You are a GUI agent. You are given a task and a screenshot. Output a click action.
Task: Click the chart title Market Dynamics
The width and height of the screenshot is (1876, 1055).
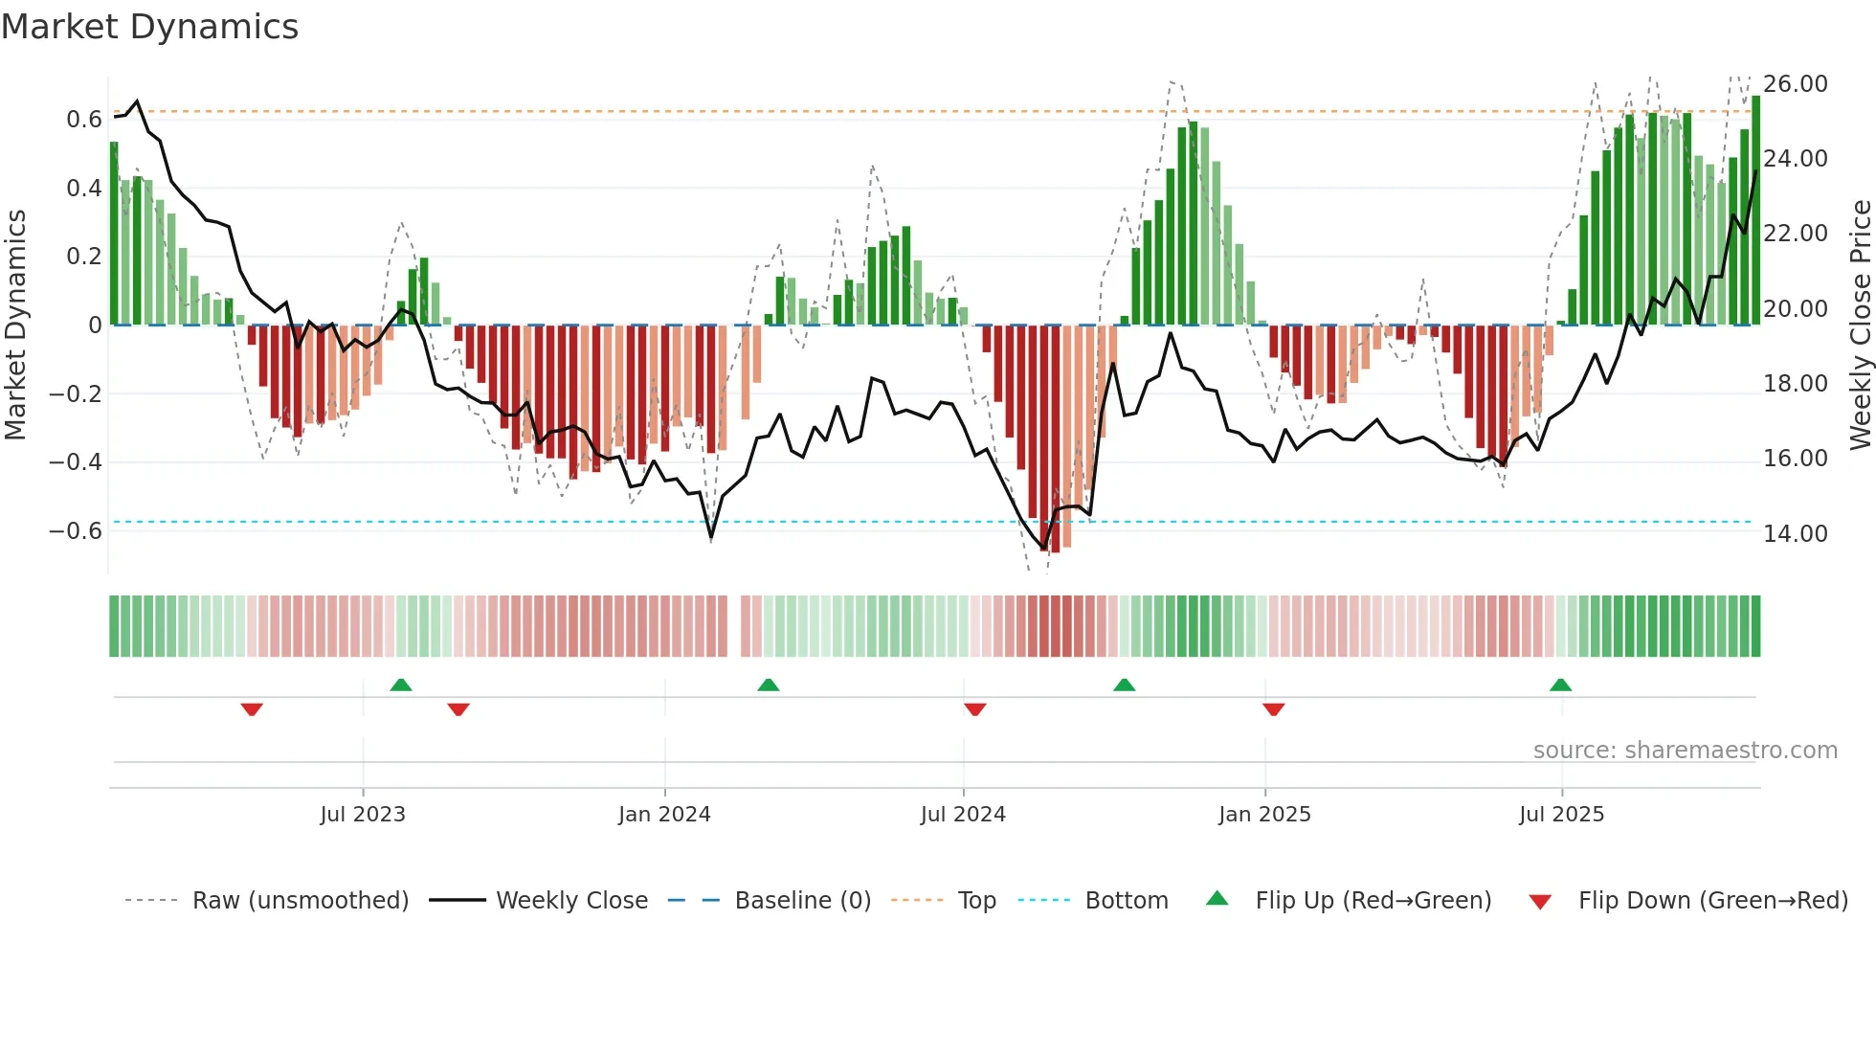(149, 27)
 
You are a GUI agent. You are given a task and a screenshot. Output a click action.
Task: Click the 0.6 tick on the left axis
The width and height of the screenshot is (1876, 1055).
(83, 120)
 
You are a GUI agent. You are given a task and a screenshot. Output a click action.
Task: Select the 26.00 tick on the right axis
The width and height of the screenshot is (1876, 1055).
(1796, 84)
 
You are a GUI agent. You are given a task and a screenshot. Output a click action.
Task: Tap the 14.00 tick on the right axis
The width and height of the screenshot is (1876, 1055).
(1796, 534)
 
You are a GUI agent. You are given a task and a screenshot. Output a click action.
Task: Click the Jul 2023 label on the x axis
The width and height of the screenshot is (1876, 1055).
(363, 815)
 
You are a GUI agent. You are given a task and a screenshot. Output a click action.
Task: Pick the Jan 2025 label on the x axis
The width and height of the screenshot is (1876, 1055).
(1264, 815)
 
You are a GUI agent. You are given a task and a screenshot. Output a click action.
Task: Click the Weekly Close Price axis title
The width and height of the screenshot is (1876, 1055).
(1860, 325)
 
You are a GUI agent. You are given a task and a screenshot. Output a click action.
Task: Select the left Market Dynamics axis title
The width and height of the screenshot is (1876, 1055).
(15, 325)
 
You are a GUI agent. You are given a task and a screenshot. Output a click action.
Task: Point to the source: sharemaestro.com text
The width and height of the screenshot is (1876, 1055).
(1685, 751)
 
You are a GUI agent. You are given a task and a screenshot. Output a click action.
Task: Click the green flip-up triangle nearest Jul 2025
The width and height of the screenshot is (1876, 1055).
(1560, 685)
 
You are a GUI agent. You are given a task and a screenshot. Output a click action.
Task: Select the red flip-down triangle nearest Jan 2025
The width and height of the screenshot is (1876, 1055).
(1273, 709)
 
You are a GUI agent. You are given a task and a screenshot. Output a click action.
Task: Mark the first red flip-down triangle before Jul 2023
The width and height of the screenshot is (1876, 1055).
(252, 709)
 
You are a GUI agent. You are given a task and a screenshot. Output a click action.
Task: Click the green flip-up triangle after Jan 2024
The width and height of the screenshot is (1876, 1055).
(768, 685)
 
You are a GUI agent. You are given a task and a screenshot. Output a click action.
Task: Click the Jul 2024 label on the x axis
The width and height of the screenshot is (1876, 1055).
(963, 815)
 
